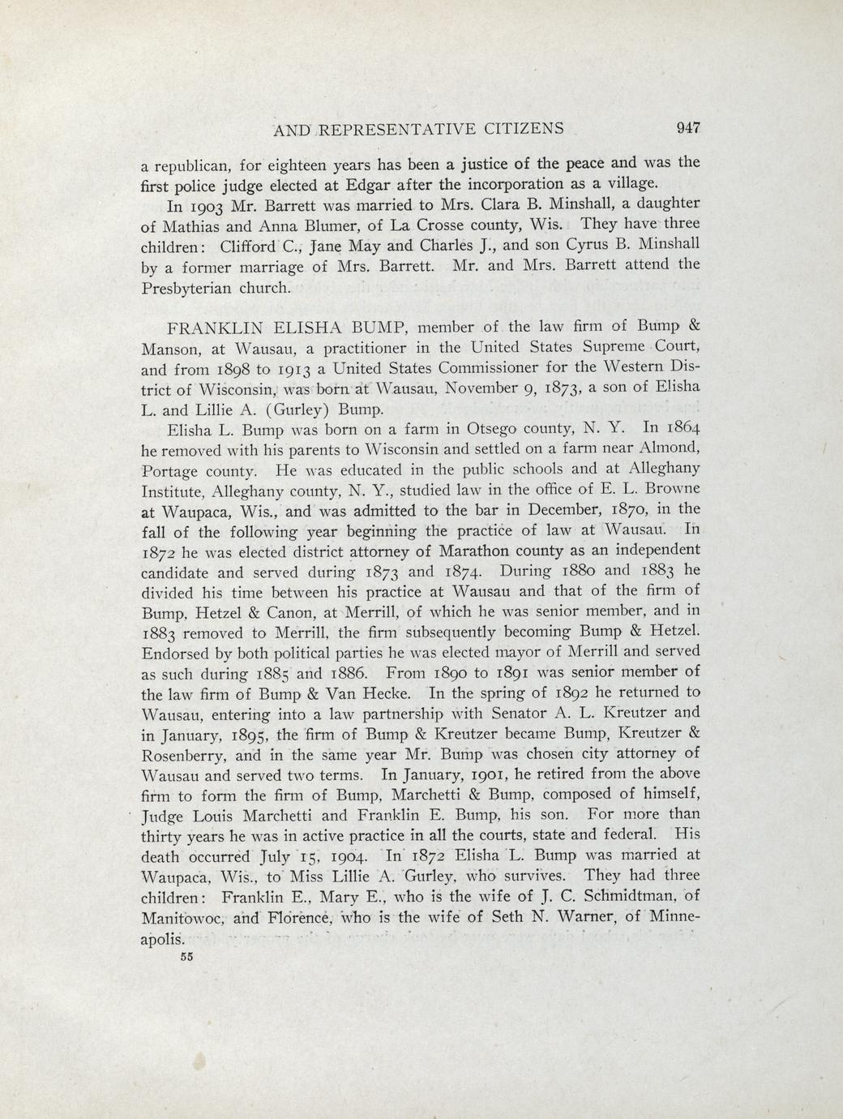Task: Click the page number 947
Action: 686,127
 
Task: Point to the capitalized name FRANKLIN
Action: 216,328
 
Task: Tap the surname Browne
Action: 667,489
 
